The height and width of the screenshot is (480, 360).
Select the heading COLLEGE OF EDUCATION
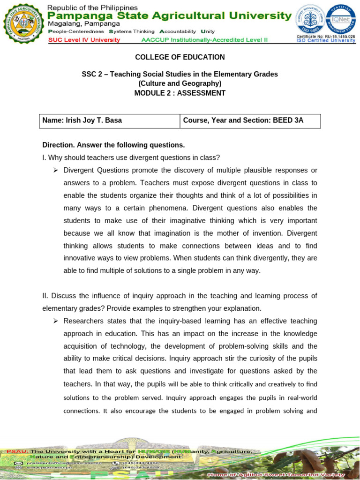[x=180, y=57]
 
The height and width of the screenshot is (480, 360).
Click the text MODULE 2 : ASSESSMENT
[x=180, y=93]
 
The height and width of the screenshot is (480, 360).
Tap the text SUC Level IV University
[x=84, y=40]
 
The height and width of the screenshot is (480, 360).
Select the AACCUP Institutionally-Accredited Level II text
[x=204, y=40]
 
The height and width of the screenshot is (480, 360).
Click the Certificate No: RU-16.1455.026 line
[x=325, y=36]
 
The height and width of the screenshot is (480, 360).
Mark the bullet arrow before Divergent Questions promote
[x=56, y=170]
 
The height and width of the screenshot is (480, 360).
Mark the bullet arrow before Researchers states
[x=56, y=321]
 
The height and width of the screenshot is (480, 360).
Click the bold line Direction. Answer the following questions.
[x=113, y=145]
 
